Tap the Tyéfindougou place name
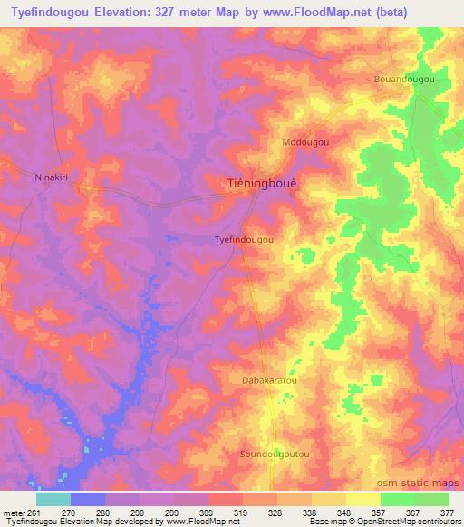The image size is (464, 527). tap(243, 240)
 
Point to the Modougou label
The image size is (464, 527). tap(305, 142)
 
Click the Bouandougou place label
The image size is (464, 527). tap(404, 80)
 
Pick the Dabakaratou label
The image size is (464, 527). tap(269, 381)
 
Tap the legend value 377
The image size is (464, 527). tap(448, 513)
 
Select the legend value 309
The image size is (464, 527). tap(208, 513)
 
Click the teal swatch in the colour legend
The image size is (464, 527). tap(53, 499)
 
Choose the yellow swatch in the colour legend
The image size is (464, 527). tap(362, 499)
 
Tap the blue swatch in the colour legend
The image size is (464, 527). tap(88, 499)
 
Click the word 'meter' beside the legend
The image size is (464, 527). tap(14, 513)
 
